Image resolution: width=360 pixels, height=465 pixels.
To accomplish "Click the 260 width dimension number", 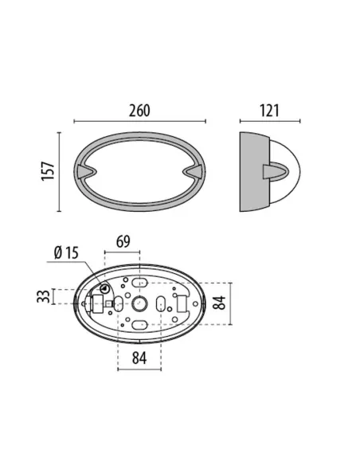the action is pos(139,111).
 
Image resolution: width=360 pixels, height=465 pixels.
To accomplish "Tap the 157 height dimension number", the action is pos(48,171).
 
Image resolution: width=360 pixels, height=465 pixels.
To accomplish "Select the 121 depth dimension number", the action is pos(269,111).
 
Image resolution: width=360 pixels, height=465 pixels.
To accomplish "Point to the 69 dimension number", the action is pos(123,242).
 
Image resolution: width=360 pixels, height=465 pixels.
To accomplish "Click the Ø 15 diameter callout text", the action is pos(66,253).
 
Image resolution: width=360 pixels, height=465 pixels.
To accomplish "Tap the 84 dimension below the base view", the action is pos(139,358).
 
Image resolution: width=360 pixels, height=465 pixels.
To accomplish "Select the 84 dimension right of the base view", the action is pos(220,303).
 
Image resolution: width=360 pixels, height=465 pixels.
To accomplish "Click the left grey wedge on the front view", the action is pos(86,171).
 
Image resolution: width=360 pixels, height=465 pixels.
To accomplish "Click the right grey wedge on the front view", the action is pos(193,171).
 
